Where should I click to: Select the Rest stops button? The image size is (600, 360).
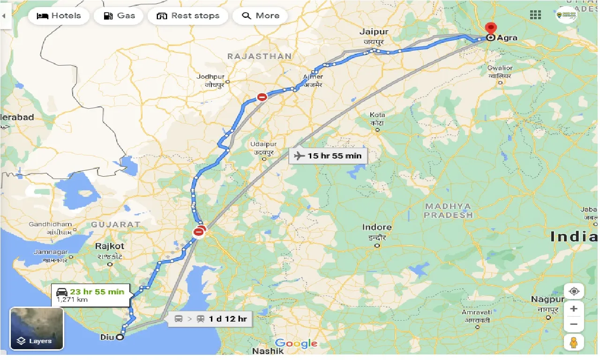(188, 16)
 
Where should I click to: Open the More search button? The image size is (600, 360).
(261, 16)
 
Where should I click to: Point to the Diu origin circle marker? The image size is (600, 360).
(120, 337)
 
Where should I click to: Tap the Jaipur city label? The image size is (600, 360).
(374, 32)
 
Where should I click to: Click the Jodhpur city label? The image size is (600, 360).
(211, 76)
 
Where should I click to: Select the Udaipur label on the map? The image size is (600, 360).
(263, 144)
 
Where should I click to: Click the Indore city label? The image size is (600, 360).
(377, 227)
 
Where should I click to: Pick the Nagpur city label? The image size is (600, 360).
(547, 299)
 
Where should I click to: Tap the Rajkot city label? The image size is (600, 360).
(110, 246)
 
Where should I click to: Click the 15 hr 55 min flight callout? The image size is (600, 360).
(328, 156)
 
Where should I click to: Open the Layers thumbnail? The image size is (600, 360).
(37, 329)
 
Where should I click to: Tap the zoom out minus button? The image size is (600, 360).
(574, 324)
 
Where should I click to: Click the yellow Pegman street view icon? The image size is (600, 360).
(574, 343)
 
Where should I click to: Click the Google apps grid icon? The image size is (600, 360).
(535, 15)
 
